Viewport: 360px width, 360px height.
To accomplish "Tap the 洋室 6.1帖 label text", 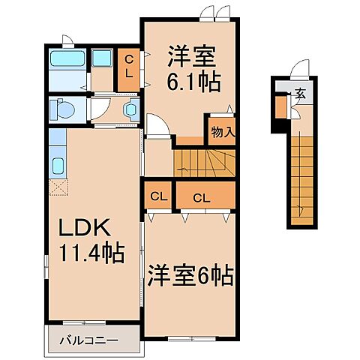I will coord(193,68).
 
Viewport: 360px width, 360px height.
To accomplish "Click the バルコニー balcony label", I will coord(88,340).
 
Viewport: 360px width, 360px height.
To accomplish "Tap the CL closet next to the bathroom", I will coord(128,67).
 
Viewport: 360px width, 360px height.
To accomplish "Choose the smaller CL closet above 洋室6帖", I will coord(158,197).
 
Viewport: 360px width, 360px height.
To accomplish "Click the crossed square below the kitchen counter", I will coord(58,187).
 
